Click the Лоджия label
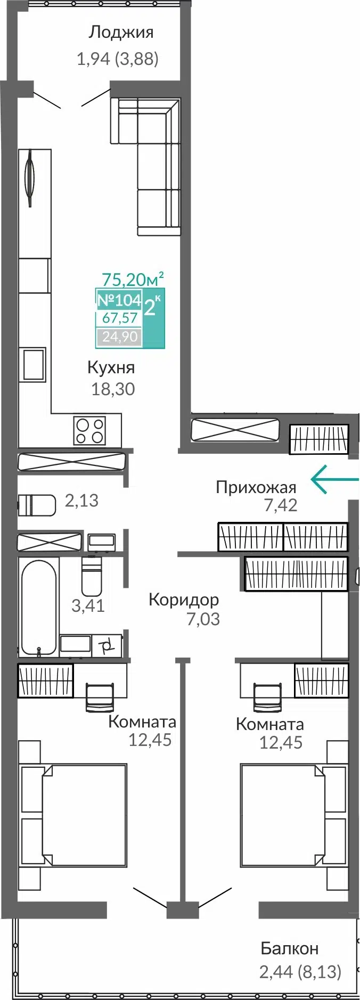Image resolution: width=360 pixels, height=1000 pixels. coord(121,33)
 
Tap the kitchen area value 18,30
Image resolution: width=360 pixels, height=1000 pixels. coord(113,389)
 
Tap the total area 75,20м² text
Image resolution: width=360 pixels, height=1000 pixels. coord(132,278)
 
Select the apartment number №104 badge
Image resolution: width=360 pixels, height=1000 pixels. coord(119,300)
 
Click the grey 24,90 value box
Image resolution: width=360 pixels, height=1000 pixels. coord(119,337)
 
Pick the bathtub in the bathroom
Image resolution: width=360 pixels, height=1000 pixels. coord(38,607)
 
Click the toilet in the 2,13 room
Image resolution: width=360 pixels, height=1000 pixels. coord(37,505)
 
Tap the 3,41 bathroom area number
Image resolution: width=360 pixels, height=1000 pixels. coord(88,605)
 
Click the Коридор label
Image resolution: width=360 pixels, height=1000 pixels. coord(184,600)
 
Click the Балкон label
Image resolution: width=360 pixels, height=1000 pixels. coord(289,948)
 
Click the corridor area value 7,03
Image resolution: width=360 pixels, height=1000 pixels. coord(203,619)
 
